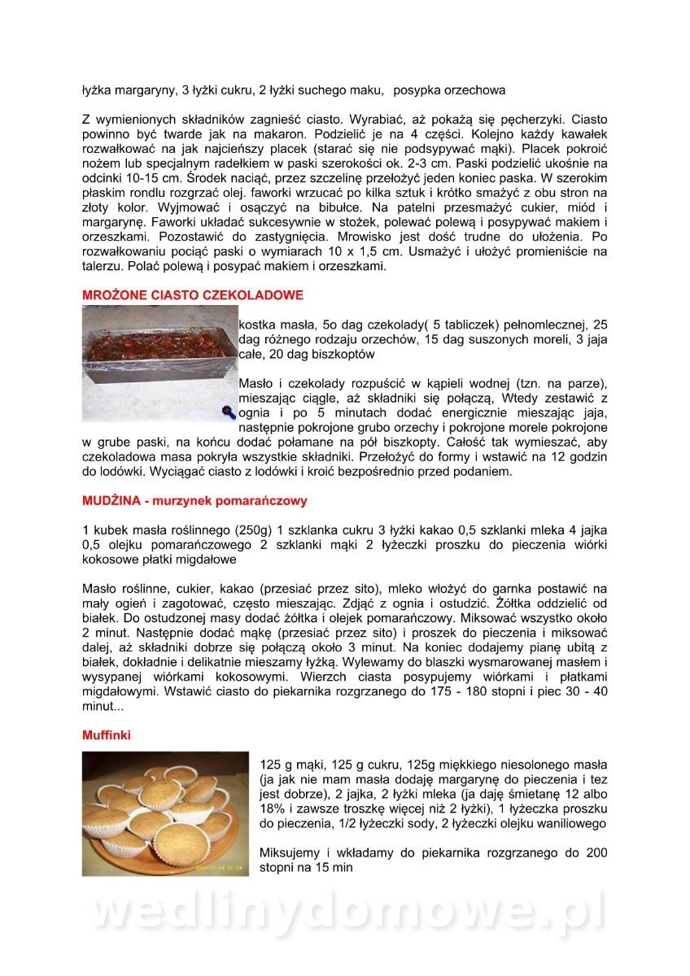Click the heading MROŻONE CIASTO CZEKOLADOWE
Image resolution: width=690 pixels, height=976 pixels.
coord(193,294)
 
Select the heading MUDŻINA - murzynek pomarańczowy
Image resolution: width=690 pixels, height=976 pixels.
coord(194,500)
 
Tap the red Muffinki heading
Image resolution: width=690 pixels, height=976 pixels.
coord(107,734)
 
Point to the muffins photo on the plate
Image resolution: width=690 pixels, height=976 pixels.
coord(165,813)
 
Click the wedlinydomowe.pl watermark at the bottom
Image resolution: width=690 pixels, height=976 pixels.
coord(345,912)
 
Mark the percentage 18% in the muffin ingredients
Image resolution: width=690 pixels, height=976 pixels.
coord(273,808)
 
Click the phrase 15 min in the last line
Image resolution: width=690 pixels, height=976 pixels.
coord(330,868)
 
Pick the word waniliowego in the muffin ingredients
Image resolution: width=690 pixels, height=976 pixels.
coord(571,823)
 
